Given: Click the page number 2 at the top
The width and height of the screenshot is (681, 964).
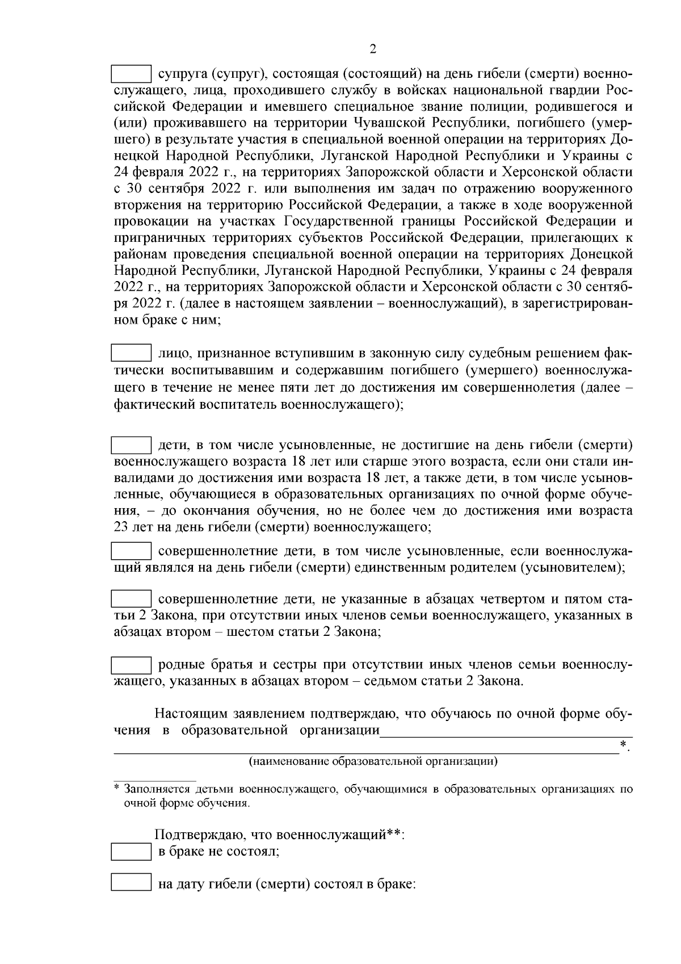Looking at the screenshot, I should point(373,49).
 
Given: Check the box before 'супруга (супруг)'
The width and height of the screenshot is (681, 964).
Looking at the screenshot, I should point(131,74).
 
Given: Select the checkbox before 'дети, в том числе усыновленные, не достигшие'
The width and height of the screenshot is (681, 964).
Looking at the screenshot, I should point(131,444).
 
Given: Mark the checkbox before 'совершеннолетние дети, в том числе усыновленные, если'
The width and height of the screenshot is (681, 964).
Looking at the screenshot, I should point(131,551).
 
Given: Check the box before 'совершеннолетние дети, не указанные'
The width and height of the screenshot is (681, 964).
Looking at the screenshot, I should point(131,599).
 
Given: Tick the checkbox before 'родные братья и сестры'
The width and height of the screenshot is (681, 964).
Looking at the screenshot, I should point(131,664).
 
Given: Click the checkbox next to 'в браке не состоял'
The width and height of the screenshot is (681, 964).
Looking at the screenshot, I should point(131,852).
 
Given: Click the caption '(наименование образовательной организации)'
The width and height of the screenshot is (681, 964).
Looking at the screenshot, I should point(373,761).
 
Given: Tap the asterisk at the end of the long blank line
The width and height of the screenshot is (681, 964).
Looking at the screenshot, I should point(624,744).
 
